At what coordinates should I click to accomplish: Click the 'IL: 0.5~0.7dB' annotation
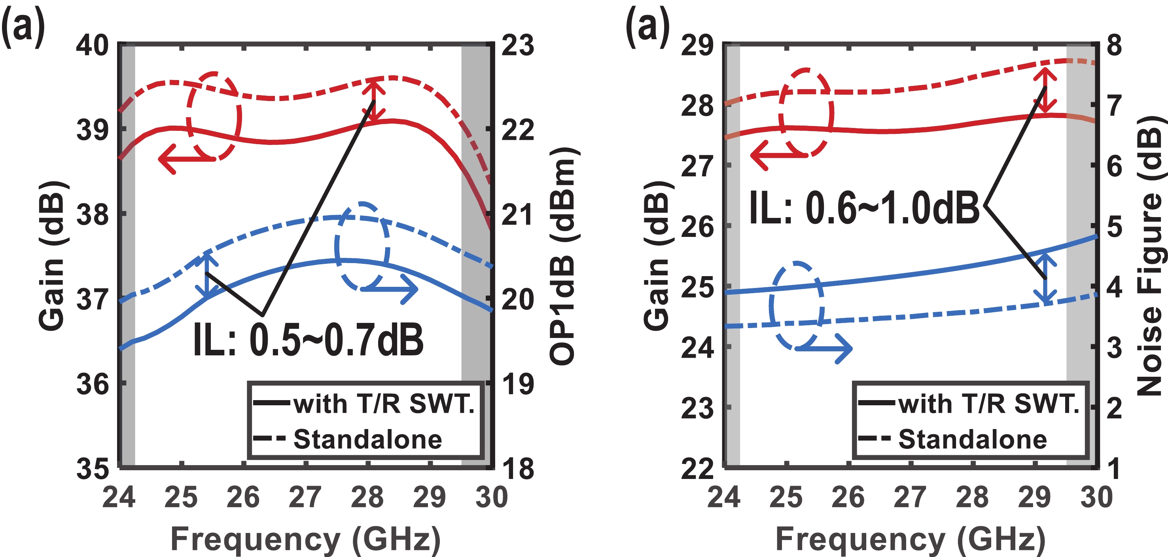pyautogui.click(x=309, y=340)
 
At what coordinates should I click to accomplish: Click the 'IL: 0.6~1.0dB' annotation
pyautogui.click(x=864, y=208)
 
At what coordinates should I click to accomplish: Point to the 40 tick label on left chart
pyautogui.click(x=93, y=46)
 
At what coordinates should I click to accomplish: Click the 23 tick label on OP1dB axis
pyautogui.click(x=518, y=46)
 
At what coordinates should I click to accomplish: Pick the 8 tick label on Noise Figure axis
pyautogui.click(x=1115, y=46)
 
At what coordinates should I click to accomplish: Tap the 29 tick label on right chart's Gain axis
pyautogui.click(x=697, y=46)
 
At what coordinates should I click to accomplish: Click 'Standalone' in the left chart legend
pyautogui.click(x=367, y=439)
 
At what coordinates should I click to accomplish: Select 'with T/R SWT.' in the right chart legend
pyautogui.click(x=988, y=404)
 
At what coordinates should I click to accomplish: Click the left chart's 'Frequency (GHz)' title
pyautogui.click(x=305, y=539)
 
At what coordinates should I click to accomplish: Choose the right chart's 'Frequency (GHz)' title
pyautogui.click(x=911, y=539)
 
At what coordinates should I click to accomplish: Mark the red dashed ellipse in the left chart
pyautogui.click(x=214, y=116)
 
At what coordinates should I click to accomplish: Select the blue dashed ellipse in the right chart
pyautogui.click(x=797, y=305)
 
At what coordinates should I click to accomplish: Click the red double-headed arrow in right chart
pyautogui.click(x=1045, y=91)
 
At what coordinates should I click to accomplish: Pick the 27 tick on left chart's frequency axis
pyautogui.click(x=305, y=497)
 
